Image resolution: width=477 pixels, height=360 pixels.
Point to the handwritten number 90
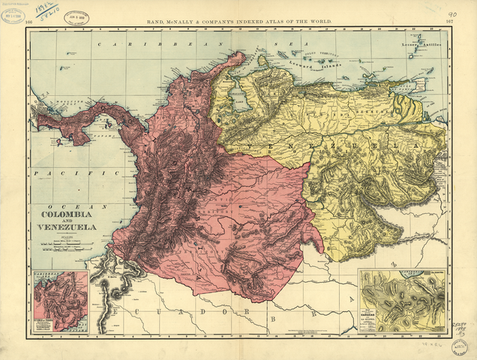pos(451,13)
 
